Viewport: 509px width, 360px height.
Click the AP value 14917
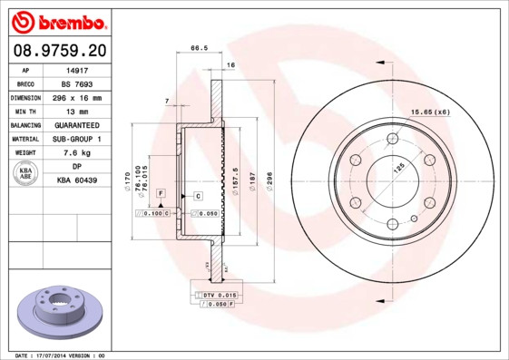[79, 69]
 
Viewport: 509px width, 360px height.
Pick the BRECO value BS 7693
[79, 83]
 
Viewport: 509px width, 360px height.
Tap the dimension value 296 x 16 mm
[79, 97]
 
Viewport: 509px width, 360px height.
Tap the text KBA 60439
[79, 180]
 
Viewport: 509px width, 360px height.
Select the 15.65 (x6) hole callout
[430, 112]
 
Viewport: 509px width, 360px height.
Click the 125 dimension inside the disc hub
[396, 168]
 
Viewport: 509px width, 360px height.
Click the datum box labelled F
[160, 195]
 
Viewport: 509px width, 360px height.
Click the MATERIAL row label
[24, 139]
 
